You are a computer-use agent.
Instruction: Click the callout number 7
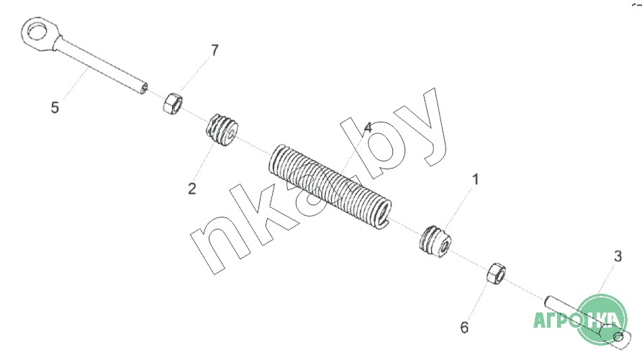coord(215,50)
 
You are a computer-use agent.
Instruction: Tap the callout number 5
coord(55,108)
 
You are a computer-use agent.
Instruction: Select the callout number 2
coord(192,189)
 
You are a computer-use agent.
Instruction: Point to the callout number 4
coord(368,127)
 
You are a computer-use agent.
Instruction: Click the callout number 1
coord(475,179)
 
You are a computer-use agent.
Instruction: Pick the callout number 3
coord(618,256)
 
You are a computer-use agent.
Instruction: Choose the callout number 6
coord(464,328)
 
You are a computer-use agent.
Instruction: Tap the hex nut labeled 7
coord(172,104)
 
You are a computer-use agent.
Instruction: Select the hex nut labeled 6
coord(496,274)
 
